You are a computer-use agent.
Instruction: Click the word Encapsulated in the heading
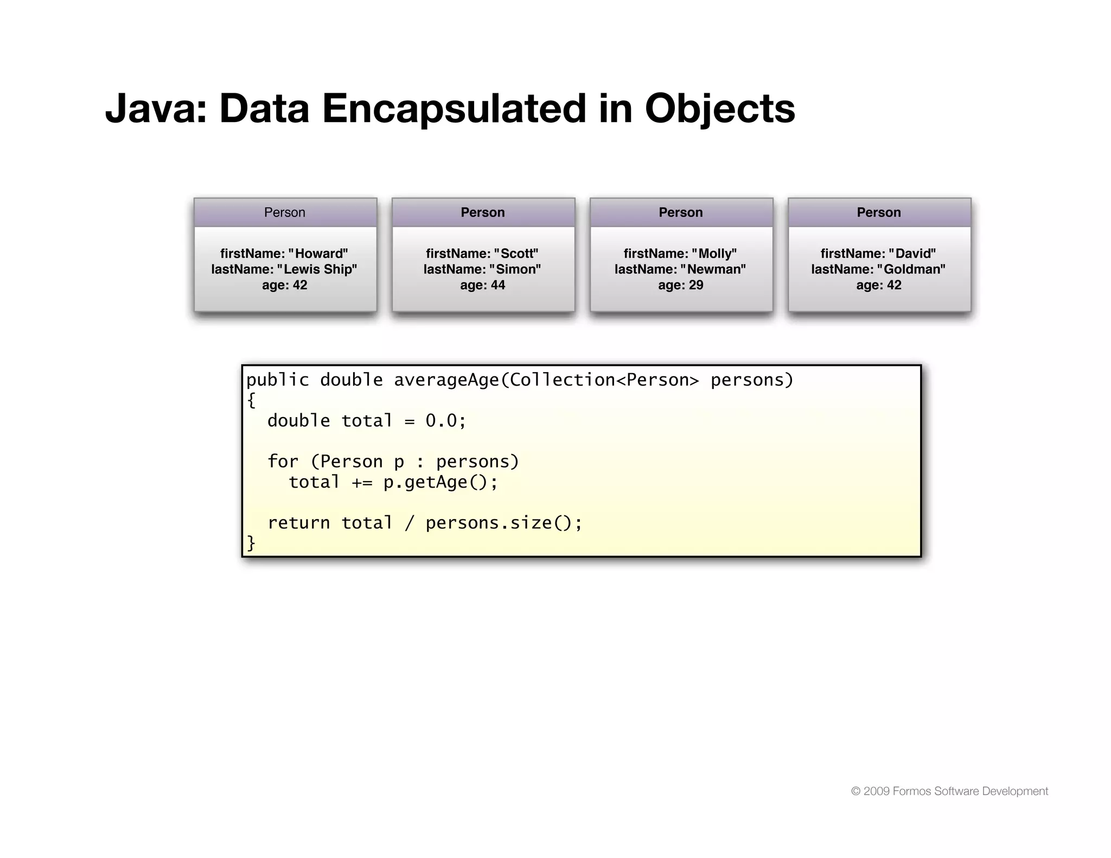454,108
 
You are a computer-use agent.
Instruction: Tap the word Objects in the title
720,108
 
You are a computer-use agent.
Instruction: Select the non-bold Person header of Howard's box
285,213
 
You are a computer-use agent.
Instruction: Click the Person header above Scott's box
483,213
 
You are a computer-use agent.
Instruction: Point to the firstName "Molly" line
680,254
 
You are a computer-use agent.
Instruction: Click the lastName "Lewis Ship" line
284,270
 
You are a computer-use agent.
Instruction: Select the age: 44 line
483,285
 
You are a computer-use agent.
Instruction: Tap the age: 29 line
681,285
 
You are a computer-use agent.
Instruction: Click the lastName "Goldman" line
878,270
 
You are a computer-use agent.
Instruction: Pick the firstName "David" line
878,254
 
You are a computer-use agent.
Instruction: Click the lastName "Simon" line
482,270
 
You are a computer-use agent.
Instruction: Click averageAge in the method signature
446,380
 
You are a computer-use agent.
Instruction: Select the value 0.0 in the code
442,421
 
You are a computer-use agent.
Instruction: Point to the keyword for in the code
283,462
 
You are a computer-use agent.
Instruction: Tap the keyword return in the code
298,523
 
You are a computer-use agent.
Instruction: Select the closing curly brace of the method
251,543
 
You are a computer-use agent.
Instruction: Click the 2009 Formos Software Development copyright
949,791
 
